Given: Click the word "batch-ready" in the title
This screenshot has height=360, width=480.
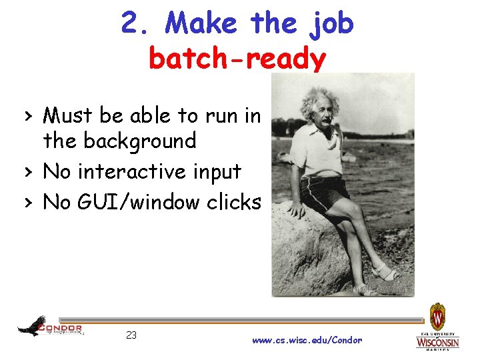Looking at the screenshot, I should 237,59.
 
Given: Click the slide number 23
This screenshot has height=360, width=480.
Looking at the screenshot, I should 131,335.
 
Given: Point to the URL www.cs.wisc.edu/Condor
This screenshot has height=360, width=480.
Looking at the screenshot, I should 307,340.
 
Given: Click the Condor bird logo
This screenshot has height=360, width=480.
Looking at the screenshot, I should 32,326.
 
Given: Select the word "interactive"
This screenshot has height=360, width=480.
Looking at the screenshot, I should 126,171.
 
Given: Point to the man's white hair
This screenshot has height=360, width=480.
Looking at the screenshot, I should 320,99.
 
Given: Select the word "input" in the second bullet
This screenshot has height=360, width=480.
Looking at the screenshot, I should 217,172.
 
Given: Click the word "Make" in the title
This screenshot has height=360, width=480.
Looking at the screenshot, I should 201,24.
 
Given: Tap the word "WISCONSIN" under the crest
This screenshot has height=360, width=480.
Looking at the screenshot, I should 438,343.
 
